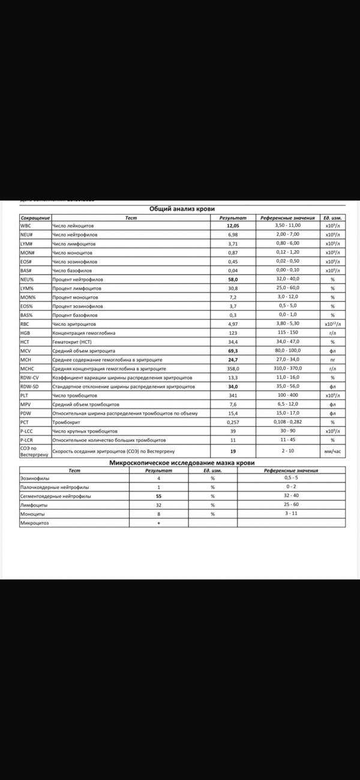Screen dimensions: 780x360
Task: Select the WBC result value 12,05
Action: pyautogui.click(x=233, y=226)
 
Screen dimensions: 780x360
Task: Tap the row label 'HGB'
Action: pyautogui.click(x=25, y=332)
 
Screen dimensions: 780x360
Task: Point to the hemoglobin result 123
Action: pyautogui.click(x=233, y=332)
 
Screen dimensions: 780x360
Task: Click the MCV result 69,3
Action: pyautogui.click(x=233, y=350)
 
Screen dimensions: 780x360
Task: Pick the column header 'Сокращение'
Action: pyautogui.click(x=35, y=218)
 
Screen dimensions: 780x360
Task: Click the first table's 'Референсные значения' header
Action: pyautogui.click(x=287, y=218)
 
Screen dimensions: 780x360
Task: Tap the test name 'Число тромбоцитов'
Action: pyautogui.click(x=74, y=395)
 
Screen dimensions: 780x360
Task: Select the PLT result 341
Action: pyautogui.click(x=233, y=395)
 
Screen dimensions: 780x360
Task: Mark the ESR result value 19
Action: pyautogui.click(x=233, y=451)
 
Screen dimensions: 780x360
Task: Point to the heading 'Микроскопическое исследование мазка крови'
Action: pyautogui.click(x=181, y=463)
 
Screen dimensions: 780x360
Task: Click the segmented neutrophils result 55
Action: pyautogui.click(x=159, y=497)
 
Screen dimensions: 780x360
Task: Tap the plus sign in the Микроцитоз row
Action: pyautogui.click(x=159, y=523)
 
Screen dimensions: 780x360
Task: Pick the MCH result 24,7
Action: pyautogui.click(x=233, y=359)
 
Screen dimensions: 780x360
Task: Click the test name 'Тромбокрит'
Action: pyautogui.click(x=65, y=422)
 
